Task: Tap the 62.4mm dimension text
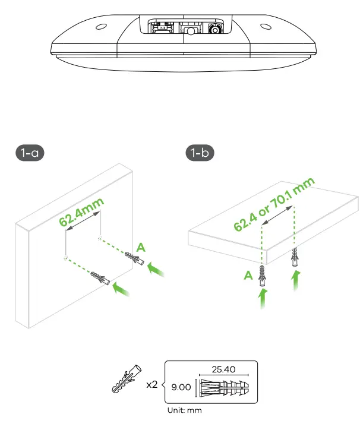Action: tap(81, 212)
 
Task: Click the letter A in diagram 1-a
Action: tap(140, 246)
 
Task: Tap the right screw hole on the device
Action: tap(264, 27)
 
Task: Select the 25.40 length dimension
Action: tap(223, 369)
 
